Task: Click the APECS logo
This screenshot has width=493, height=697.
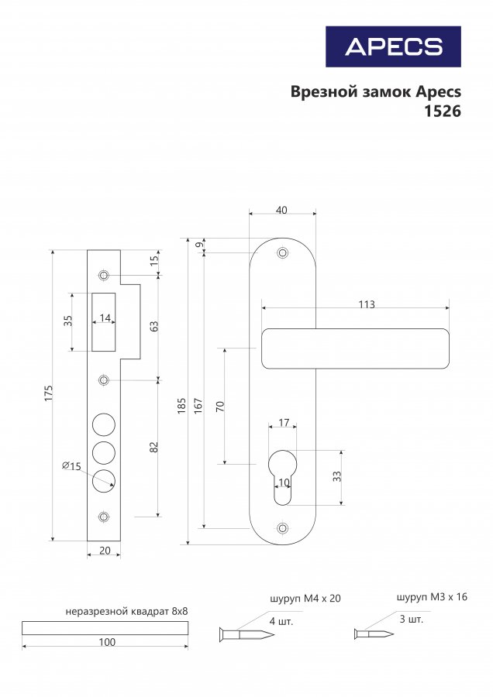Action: point(393,46)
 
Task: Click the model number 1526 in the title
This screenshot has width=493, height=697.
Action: point(442,111)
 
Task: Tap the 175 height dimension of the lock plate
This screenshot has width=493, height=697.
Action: point(49,393)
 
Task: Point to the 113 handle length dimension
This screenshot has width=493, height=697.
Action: point(367,304)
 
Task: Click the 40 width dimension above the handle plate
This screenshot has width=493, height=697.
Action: point(281,210)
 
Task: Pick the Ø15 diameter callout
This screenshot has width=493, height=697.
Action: point(71,466)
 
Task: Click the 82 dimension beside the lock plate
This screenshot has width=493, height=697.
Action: point(154,447)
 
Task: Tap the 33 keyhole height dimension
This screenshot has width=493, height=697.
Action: point(337,476)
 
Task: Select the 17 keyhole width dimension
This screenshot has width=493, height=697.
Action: point(284,422)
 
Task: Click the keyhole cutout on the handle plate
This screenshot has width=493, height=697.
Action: point(282,477)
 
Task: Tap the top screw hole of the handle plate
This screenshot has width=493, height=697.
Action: point(282,253)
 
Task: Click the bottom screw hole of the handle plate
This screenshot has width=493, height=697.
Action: point(282,528)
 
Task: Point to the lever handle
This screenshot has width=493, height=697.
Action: point(355,348)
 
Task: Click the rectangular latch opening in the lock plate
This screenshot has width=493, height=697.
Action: point(104,322)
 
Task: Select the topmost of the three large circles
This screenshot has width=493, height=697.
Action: point(104,424)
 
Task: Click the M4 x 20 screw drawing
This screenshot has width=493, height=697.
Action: point(246,633)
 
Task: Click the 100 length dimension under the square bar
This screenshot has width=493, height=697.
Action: point(107,642)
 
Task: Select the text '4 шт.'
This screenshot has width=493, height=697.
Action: point(281,621)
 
